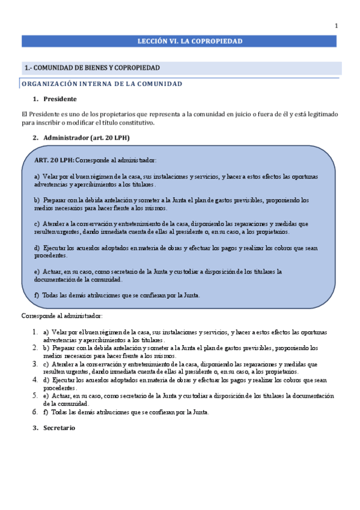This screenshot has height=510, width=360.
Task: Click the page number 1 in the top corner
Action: point(337,25)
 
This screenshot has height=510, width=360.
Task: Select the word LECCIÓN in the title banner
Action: point(151,41)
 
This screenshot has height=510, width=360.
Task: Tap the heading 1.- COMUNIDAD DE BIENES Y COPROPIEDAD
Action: point(92,67)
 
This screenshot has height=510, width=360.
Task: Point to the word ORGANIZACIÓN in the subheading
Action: point(47,84)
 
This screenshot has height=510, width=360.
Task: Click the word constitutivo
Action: point(139,123)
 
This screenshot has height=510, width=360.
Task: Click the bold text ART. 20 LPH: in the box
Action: point(54,161)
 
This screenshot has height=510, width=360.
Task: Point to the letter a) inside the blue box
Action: point(37,176)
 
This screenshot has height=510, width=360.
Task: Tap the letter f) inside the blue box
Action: point(37,295)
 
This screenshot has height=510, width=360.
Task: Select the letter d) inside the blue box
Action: point(37,248)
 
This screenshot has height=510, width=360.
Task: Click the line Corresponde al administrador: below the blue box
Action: point(62,316)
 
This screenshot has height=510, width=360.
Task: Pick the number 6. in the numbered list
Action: point(35,413)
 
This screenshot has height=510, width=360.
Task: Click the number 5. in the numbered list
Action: point(35,396)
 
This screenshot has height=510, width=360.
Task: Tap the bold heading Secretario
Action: point(59,428)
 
